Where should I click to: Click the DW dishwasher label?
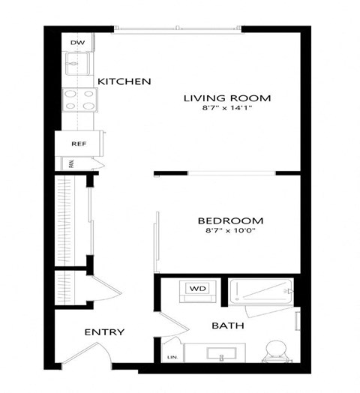(x=77, y=43)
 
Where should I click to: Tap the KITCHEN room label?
(x=124, y=81)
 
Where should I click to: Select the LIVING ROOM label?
(x=227, y=98)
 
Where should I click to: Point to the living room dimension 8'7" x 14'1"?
(x=227, y=110)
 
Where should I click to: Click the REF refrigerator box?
(x=79, y=142)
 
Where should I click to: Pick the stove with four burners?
(x=79, y=98)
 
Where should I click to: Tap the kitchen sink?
(x=78, y=64)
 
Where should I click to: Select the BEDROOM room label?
(x=230, y=220)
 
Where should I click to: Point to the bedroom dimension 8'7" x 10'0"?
(x=230, y=232)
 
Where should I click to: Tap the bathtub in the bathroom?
(x=259, y=291)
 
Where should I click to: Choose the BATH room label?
(x=226, y=326)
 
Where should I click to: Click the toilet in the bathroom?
(x=275, y=349)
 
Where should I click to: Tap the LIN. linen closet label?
(x=172, y=357)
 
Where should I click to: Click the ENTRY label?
(x=104, y=332)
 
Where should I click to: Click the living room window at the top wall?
(x=178, y=30)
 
